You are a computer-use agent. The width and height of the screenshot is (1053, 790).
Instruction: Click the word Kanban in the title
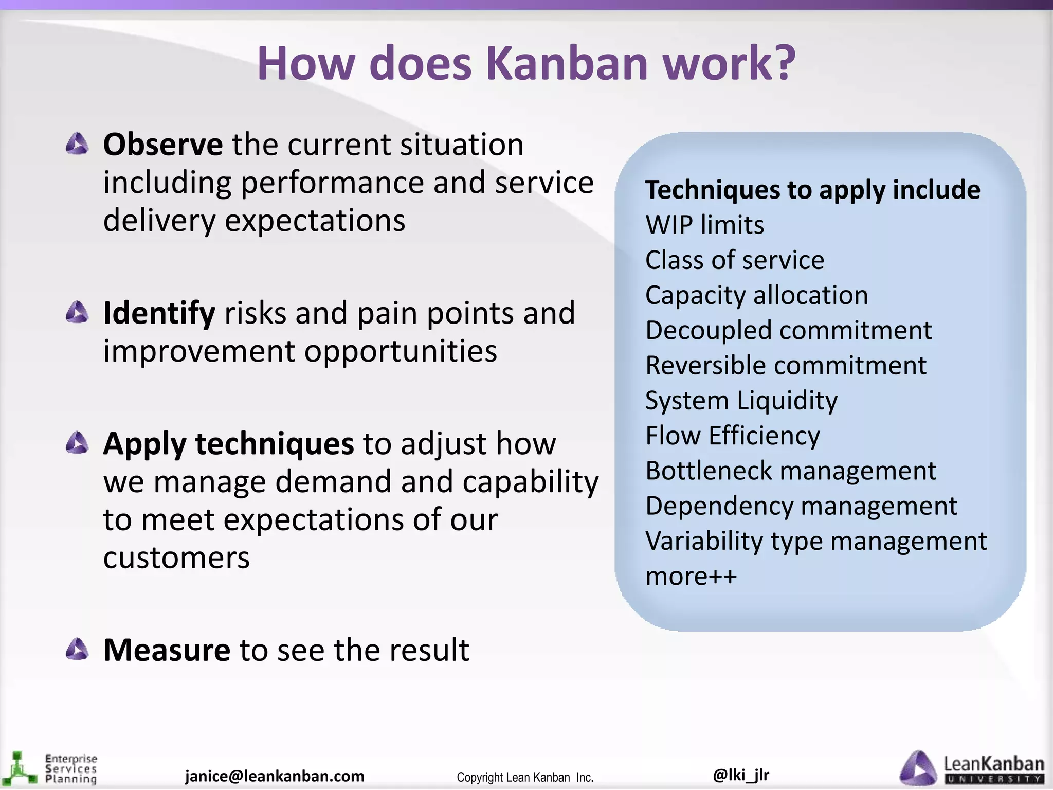point(568,64)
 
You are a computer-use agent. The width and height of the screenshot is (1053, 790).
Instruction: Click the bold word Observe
point(162,145)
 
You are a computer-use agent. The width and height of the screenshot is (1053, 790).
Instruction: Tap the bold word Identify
point(159,313)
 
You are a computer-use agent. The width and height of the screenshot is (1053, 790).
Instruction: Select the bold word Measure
point(167,650)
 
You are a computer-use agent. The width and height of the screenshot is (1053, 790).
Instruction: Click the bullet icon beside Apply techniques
point(78,443)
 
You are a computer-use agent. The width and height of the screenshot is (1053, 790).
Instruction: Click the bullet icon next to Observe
point(78,144)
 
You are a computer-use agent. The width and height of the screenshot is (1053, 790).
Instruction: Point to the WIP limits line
point(704,225)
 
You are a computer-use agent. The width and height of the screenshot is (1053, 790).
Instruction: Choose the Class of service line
point(734,260)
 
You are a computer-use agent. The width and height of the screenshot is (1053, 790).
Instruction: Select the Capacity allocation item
point(756,295)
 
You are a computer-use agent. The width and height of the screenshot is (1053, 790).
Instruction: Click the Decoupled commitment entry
point(788,330)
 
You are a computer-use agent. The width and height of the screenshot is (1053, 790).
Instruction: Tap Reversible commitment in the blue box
point(786,366)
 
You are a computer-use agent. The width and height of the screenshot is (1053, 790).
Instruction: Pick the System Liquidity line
point(741,401)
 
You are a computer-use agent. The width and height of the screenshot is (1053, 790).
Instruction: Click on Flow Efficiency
point(732,436)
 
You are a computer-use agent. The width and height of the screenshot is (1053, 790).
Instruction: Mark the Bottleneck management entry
point(790,471)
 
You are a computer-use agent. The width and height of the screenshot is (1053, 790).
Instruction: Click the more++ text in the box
point(691,577)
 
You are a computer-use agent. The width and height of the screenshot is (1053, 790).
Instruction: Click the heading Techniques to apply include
point(812,190)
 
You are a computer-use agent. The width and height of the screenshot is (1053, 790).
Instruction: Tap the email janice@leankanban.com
point(275,776)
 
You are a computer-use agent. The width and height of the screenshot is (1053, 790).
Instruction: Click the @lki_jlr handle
point(741,775)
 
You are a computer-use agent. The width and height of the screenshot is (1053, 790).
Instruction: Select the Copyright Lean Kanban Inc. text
point(525,777)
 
